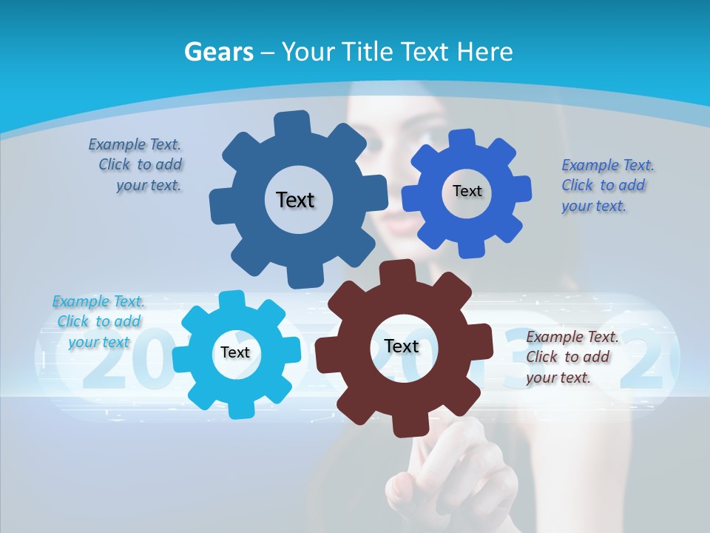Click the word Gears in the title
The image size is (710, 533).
(x=219, y=52)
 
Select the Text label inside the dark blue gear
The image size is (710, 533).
(x=295, y=200)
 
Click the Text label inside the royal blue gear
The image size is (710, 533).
(x=467, y=191)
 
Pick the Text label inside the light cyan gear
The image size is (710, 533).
(x=235, y=352)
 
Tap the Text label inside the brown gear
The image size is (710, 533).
(x=401, y=346)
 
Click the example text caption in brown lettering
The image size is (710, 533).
(x=572, y=358)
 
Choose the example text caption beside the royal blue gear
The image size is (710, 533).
(x=606, y=186)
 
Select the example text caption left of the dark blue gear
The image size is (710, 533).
(x=137, y=165)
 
